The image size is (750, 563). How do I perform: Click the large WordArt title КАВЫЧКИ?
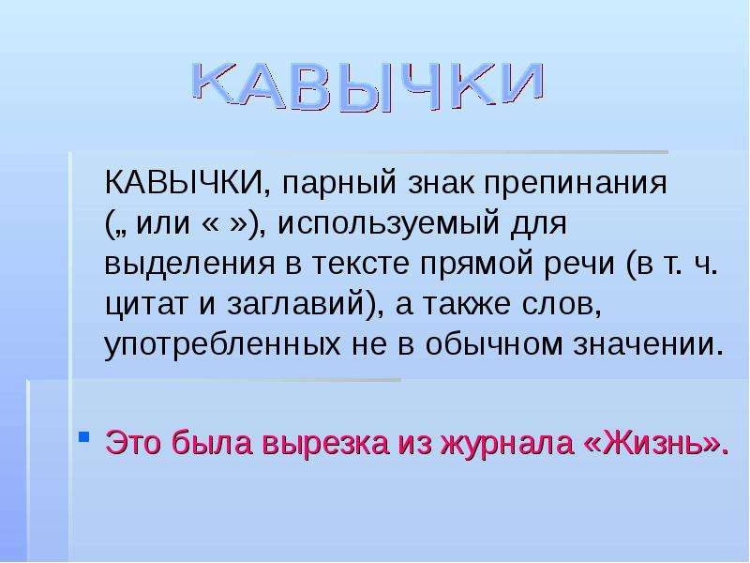point(368,85)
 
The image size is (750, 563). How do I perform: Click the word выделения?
point(189,265)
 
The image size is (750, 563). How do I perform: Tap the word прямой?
point(477,265)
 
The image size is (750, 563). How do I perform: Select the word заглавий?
point(295,304)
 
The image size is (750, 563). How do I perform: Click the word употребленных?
point(222,344)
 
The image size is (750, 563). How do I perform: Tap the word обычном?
point(494,343)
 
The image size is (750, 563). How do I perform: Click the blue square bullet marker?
point(83,436)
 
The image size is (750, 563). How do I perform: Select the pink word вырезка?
point(325,444)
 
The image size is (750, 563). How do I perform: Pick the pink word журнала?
point(507,444)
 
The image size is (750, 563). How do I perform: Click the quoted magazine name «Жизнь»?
point(652,442)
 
